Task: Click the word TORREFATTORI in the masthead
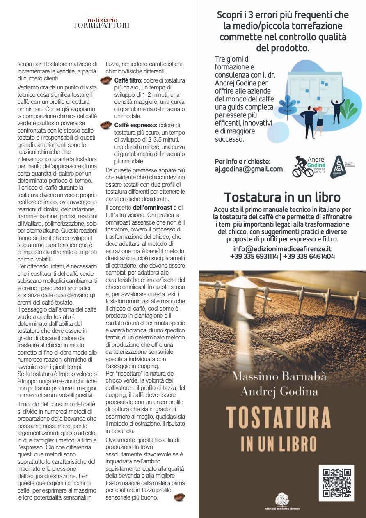[x=101, y=25]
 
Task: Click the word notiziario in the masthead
[x=102, y=20]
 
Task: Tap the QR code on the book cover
[x=336, y=483]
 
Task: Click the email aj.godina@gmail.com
[x=249, y=169]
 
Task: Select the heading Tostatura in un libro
[x=282, y=197]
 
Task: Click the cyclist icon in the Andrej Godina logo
[x=302, y=167]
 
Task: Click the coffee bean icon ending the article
[x=179, y=497]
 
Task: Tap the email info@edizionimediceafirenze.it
[x=282, y=248]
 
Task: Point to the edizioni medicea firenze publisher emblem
[x=282, y=500]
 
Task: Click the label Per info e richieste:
[x=242, y=161]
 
